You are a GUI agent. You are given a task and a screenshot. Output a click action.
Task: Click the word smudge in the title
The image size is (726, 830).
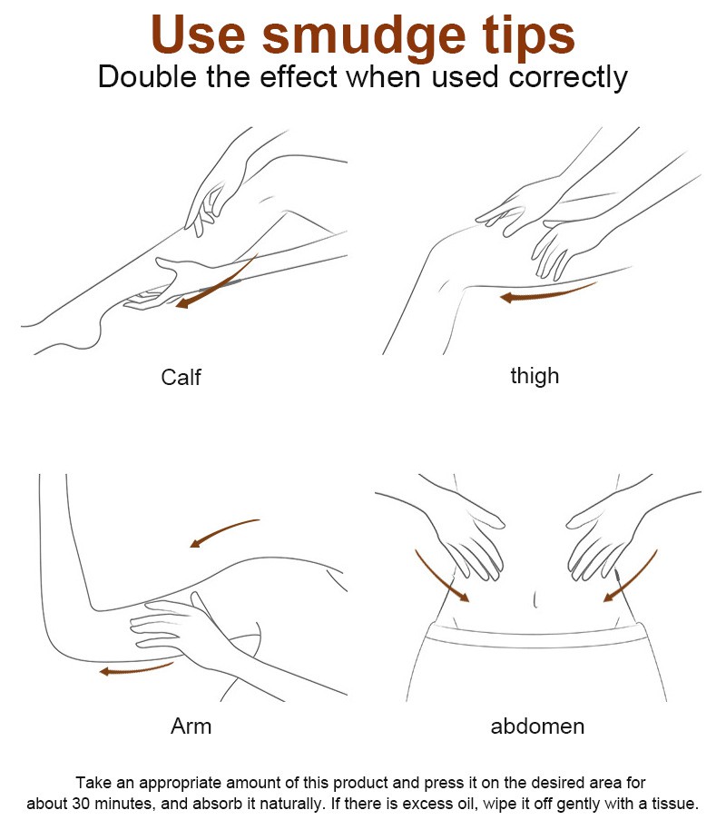point(364,36)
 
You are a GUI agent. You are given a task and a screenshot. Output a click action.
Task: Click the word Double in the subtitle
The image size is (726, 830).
point(148,77)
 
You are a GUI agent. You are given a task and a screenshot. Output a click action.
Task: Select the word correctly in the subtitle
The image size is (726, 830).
point(568,78)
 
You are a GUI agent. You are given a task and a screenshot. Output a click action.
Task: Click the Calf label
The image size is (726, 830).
point(181,378)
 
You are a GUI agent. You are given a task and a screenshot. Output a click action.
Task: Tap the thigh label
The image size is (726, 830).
point(535,376)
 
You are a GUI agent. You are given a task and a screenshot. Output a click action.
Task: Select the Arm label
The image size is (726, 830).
point(191,726)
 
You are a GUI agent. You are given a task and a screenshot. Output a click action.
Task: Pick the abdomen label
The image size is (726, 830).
point(537,726)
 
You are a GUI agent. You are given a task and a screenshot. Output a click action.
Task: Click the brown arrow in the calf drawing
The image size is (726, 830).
point(218,284)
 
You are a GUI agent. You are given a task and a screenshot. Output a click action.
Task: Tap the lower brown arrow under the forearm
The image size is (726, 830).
point(136,669)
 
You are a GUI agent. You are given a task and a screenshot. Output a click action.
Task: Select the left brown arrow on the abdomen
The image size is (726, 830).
point(440,577)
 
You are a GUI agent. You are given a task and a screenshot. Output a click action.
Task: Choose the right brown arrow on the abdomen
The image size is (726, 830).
point(632,577)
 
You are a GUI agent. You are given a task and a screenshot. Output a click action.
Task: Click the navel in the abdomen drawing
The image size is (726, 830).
point(535,600)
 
